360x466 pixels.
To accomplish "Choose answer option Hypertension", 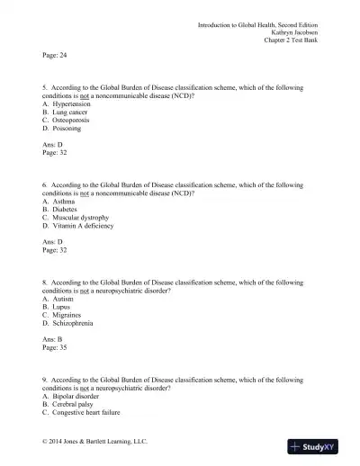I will click(x=73, y=105).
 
